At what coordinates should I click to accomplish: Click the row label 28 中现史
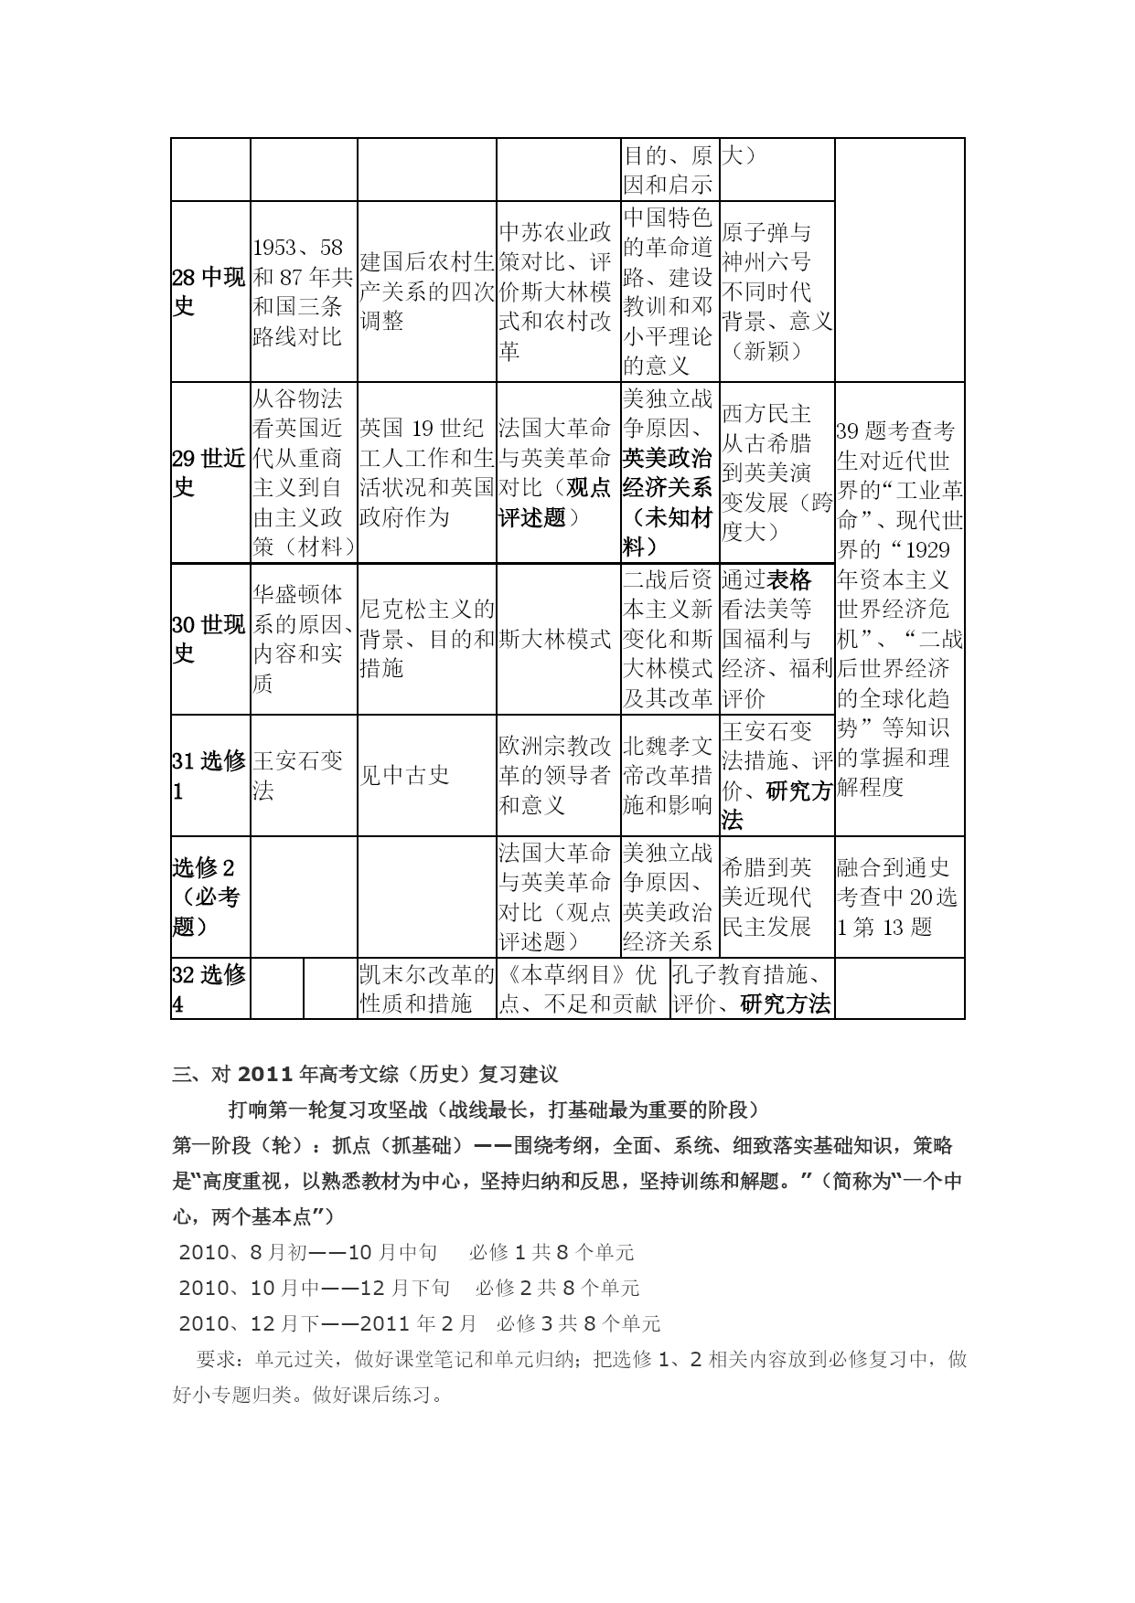click(x=209, y=292)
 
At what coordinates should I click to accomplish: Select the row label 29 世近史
click(x=209, y=472)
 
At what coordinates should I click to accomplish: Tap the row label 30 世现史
click(x=209, y=639)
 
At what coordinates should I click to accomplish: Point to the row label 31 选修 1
click(x=209, y=775)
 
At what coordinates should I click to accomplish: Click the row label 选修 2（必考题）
click(x=209, y=897)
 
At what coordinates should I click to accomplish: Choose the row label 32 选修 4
click(x=209, y=989)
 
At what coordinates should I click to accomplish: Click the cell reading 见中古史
click(x=404, y=775)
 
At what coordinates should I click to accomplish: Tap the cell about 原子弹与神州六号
click(x=776, y=292)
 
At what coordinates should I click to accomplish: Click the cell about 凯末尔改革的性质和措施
click(x=426, y=989)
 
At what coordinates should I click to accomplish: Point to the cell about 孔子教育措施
click(x=752, y=989)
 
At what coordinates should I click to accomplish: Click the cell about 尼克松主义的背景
click(x=426, y=639)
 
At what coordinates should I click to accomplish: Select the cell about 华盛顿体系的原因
click(x=303, y=639)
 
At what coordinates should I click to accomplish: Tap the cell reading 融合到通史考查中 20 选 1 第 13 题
click(x=897, y=897)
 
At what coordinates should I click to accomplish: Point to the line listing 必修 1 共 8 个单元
click(x=551, y=1252)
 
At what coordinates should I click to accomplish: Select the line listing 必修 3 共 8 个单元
click(x=578, y=1323)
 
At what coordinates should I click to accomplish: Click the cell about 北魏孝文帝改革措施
click(x=668, y=775)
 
